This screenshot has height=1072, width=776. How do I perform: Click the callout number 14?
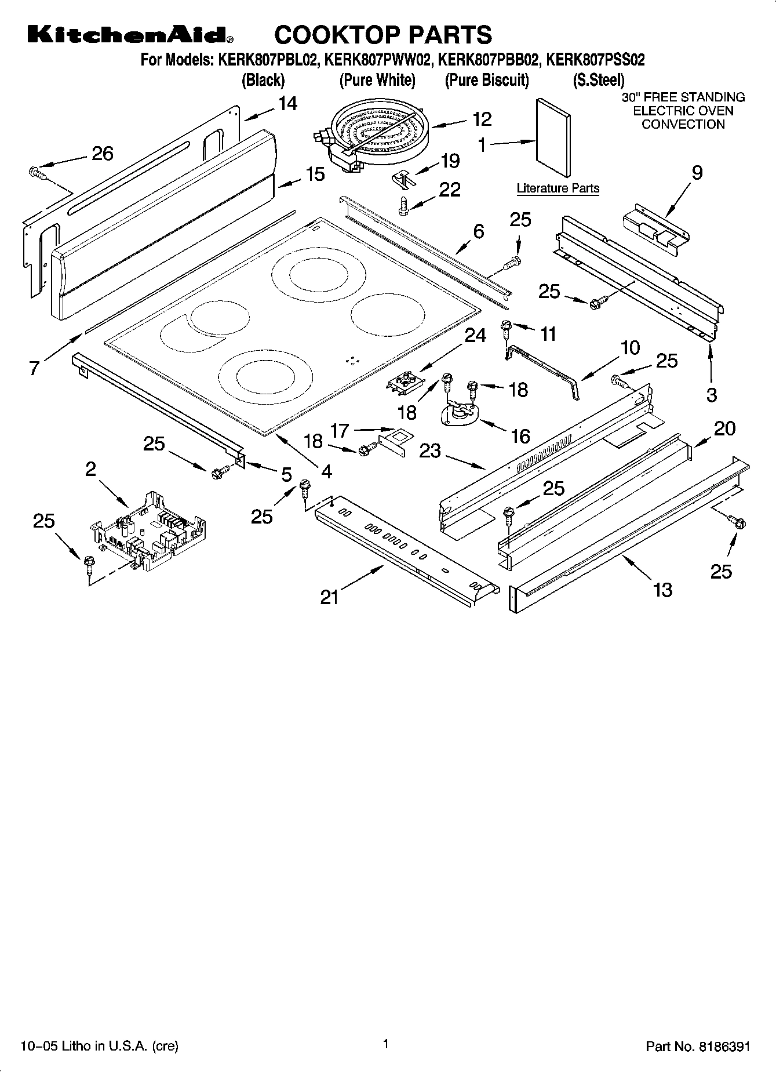click(287, 104)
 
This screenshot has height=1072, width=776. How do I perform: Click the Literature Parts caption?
click(558, 188)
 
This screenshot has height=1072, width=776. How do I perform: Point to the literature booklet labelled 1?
click(553, 137)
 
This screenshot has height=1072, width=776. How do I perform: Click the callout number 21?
click(329, 597)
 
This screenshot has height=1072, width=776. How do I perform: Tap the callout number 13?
click(662, 590)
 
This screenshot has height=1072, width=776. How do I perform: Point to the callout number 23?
click(430, 450)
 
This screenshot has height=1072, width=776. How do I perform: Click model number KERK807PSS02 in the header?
click(595, 60)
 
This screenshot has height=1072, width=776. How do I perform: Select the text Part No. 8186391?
click(698, 1046)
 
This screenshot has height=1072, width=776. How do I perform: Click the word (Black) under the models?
click(263, 80)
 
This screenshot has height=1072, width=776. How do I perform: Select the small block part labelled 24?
click(405, 383)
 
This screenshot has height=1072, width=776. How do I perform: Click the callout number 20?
click(724, 428)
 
